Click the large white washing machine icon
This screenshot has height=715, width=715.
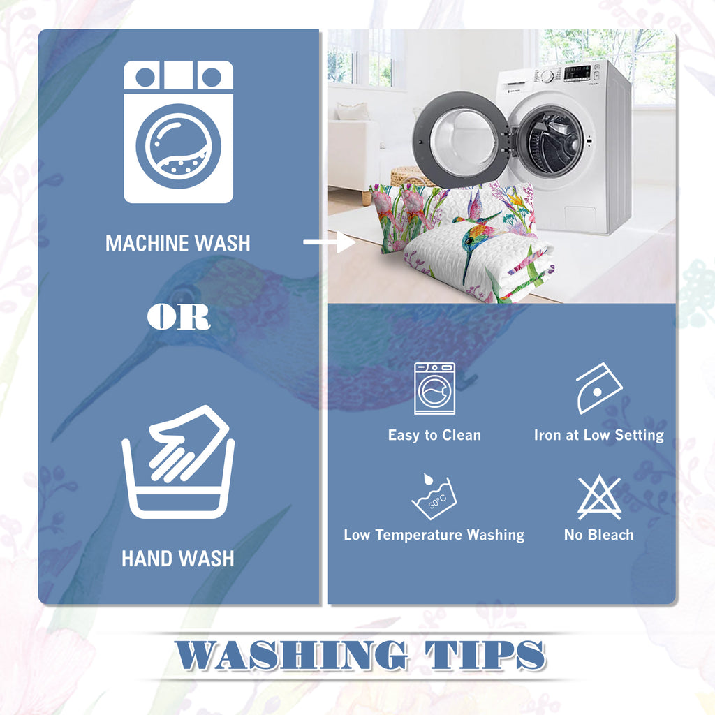pyautogui.click(x=178, y=132)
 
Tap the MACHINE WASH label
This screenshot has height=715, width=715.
pyautogui.click(x=178, y=243)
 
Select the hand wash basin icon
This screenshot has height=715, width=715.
pyautogui.click(x=178, y=462)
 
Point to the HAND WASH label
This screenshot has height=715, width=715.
pyautogui.click(x=178, y=559)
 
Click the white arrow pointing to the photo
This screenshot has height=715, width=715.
pyautogui.click(x=330, y=242)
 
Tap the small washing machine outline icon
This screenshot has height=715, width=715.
pyautogui.click(x=434, y=388)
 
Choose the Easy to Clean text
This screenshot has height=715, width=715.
pyautogui.click(x=434, y=435)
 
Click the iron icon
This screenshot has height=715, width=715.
pyautogui.click(x=598, y=388)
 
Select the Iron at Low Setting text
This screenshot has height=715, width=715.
pyautogui.click(x=598, y=435)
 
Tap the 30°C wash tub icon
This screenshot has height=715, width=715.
pyautogui.click(x=434, y=496)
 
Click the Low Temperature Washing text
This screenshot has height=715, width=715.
pyautogui.click(x=434, y=534)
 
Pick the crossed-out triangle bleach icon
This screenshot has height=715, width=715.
pyautogui.click(x=599, y=497)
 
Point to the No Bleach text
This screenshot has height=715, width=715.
pyautogui.click(x=598, y=534)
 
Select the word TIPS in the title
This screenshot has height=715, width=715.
pyautogui.click(x=485, y=655)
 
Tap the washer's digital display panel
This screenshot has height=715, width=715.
pyautogui.click(x=577, y=73)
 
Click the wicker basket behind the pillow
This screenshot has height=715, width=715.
pyautogui.click(x=407, y=177)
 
